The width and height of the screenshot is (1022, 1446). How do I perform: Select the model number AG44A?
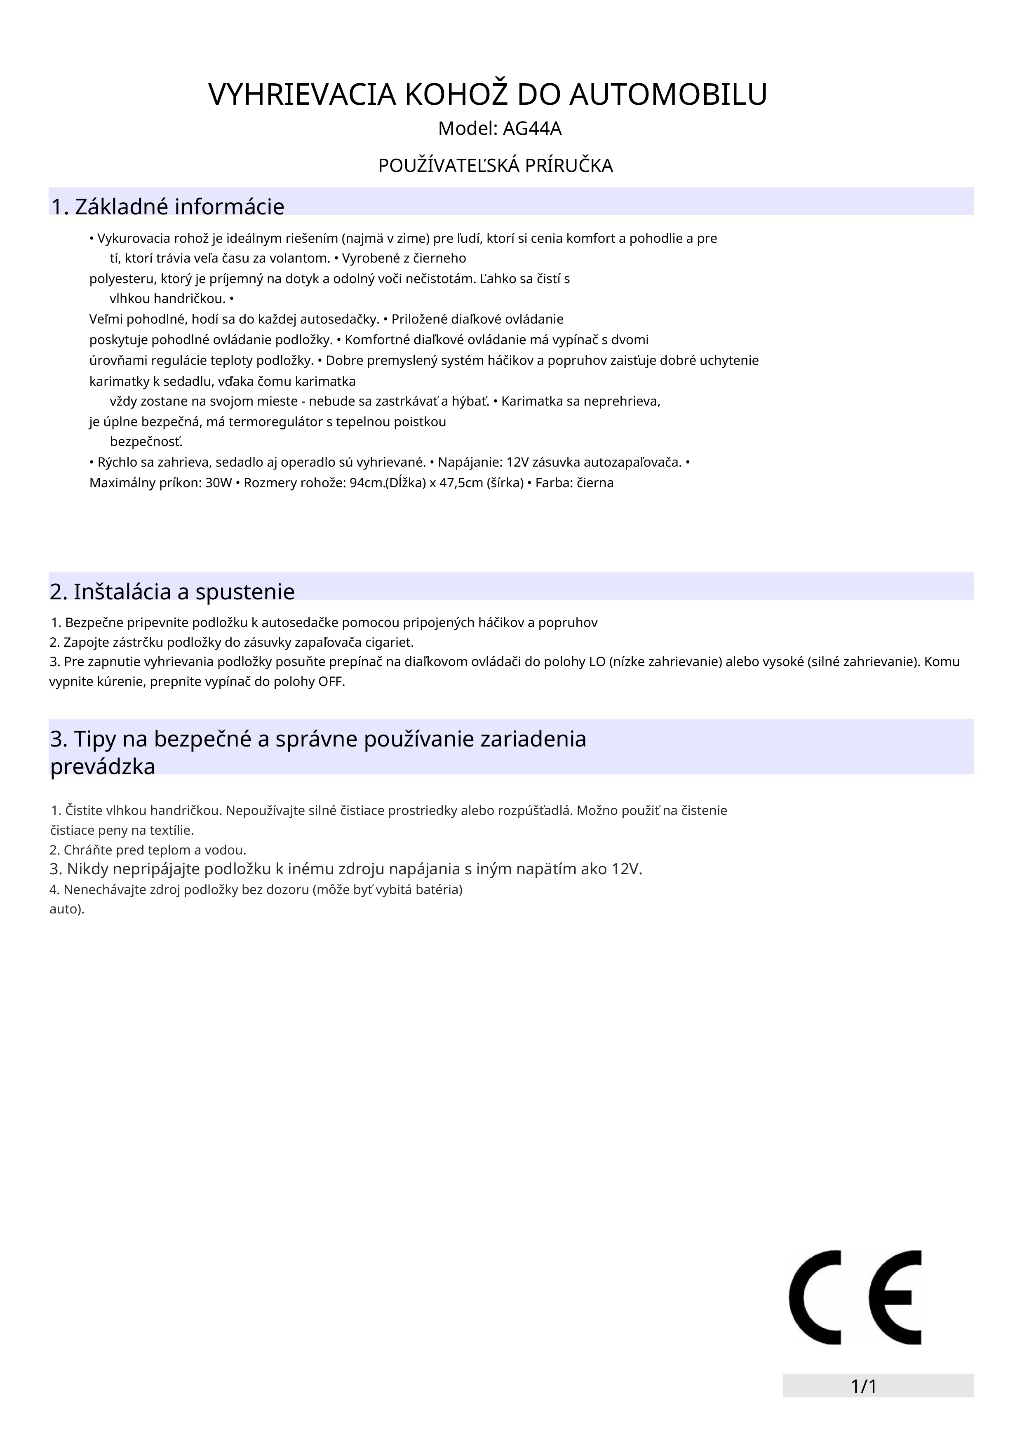pos(532,129)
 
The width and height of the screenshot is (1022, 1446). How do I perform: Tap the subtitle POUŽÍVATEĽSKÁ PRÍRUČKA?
pos(495,166)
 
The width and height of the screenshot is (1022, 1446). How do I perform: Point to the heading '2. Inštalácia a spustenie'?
pos(172,592)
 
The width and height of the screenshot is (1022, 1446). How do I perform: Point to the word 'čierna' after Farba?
pos(595,483)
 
